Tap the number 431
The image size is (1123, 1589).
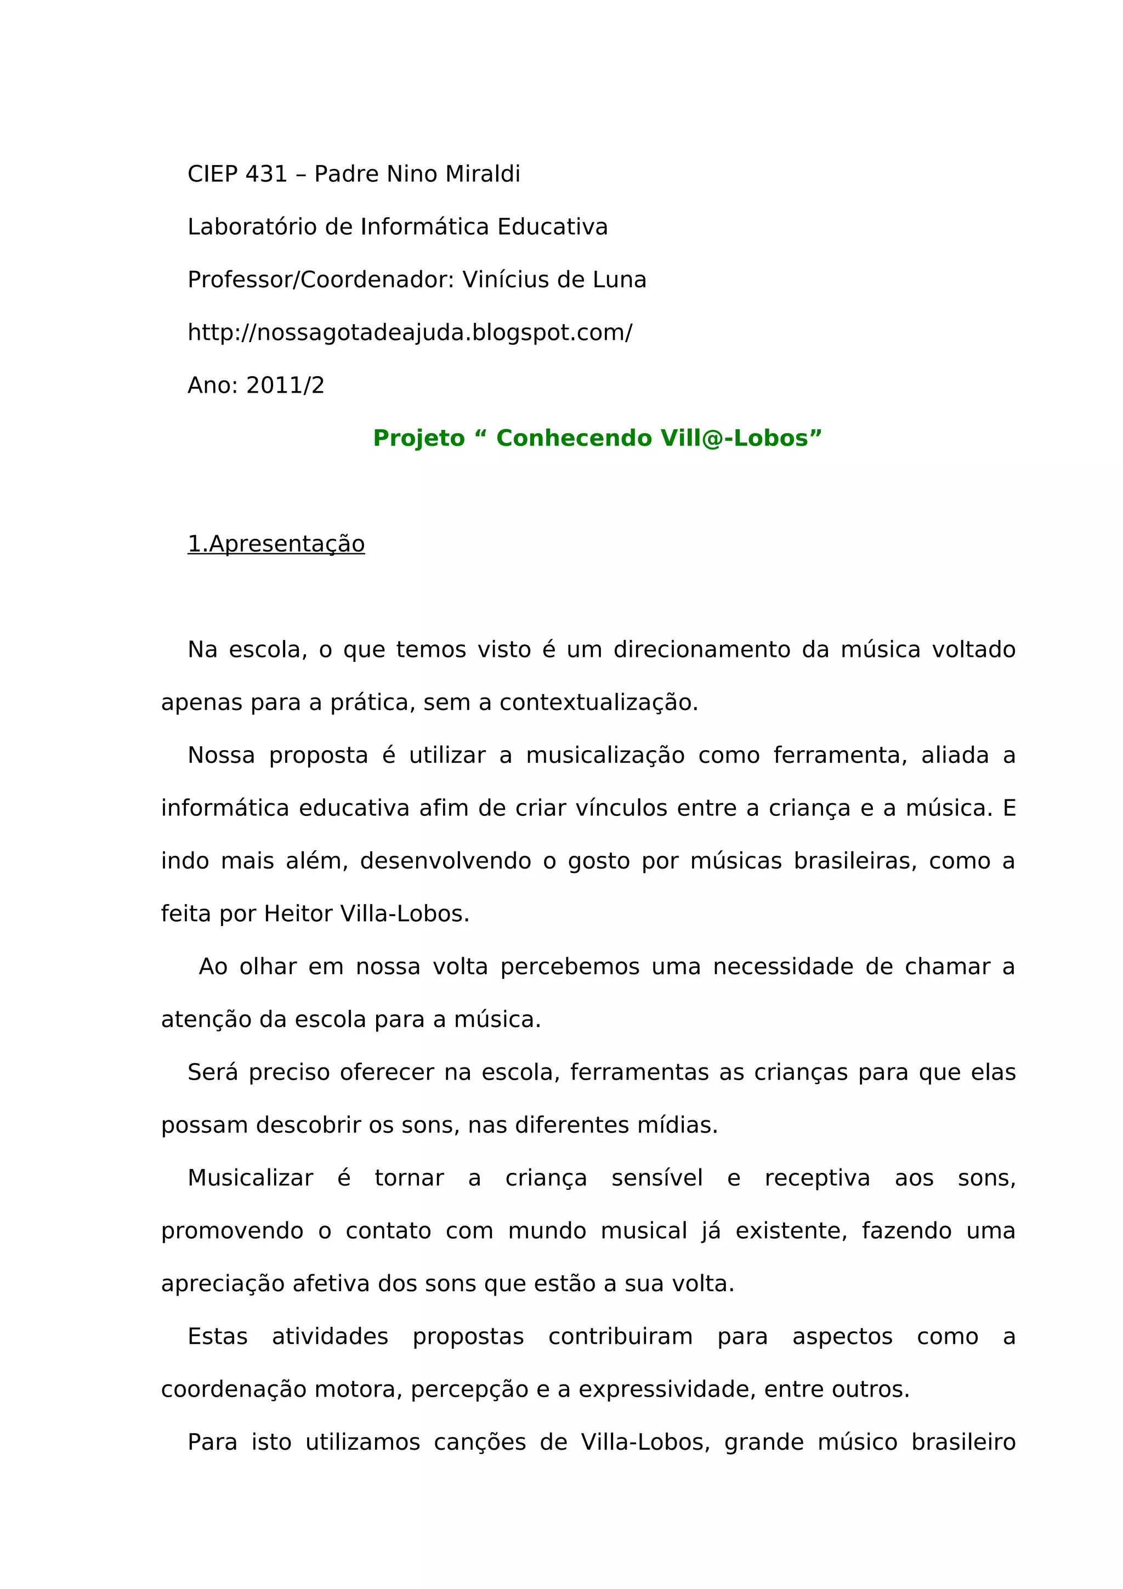tap(266, 174)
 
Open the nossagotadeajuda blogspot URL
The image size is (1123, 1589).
tap(410, 333)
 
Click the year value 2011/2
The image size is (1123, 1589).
tap(285, 385)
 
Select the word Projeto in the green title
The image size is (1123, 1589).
tap(418, 438)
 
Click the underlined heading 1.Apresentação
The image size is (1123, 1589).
tap(276, 544)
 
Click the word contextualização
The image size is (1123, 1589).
tap(599, 702)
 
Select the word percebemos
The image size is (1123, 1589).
tap(570, 967)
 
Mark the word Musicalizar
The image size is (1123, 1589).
tap(251, 1179)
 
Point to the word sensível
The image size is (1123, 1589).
tap(657, 1179)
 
